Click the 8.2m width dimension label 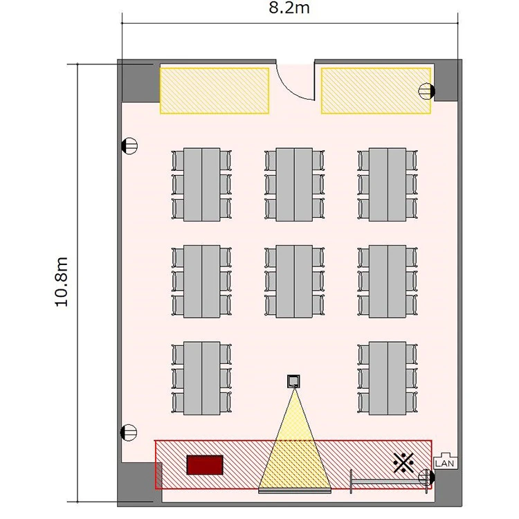point(289,8)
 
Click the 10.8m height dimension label point(62,282)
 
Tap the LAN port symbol point(446,461)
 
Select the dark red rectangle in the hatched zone point(205,465)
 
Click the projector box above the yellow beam point(293,381)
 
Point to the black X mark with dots point(403,463)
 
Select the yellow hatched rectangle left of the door point(215,91)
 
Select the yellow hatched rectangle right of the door point(376,91)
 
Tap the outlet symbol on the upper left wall point(129,146)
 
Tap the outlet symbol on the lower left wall point(129,432)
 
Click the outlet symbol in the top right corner point(427,91)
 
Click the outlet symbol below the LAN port point(427,477)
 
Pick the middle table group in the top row point(294,184)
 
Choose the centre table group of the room point(294,282)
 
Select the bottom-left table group point(201,379)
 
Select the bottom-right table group point(388,379)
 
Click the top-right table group point(388,184)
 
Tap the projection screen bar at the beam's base point(295,491)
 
